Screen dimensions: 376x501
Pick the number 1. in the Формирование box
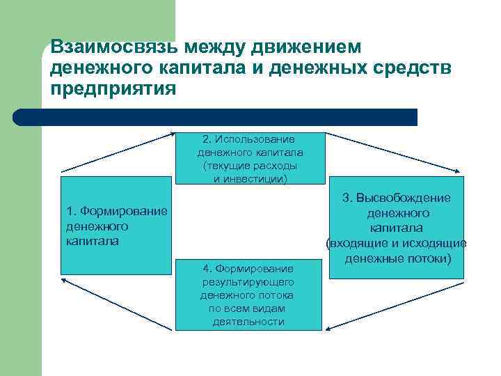(x=71, y=211)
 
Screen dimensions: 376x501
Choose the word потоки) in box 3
(x=429, y=259)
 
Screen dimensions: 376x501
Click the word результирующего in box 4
(x=248, y=281)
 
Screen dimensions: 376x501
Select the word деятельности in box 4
(x=248, y=321)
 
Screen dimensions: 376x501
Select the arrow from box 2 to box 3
(x=394, y=151)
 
